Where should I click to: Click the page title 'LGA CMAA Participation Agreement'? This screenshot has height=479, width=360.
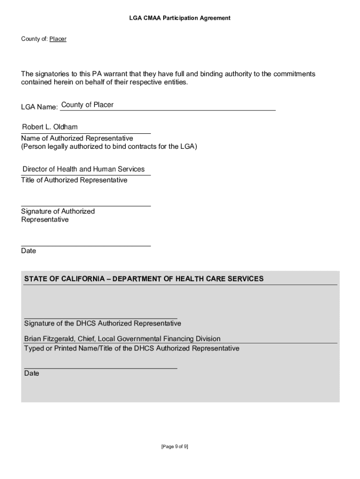point(180,18)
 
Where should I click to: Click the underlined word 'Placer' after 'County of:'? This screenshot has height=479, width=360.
point(58,39)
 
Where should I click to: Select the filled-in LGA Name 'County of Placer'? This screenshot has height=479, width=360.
point(87,105)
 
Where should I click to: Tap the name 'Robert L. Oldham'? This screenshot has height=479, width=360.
point(50,127)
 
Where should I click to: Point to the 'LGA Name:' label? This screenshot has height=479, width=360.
point(39,107)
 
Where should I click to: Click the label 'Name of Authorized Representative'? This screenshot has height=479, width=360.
point(77,138)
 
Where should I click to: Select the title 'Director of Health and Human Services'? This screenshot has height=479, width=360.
point(84,169)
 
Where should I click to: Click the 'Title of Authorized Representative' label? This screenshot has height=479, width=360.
point(74,180)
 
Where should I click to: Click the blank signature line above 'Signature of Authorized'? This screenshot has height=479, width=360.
point(86,205)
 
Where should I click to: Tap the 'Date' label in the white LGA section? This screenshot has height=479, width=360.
point(29,251)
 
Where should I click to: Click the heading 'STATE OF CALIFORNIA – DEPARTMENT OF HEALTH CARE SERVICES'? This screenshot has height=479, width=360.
point(144,279)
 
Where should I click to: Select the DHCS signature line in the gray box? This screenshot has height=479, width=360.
point(101,318)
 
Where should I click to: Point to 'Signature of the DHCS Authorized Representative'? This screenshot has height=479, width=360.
point(102,324)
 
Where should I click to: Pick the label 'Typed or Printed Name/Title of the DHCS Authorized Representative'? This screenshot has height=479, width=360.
point(131,348)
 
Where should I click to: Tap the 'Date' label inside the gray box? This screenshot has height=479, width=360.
point(32,373)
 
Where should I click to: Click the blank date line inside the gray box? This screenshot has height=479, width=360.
point(101,368)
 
